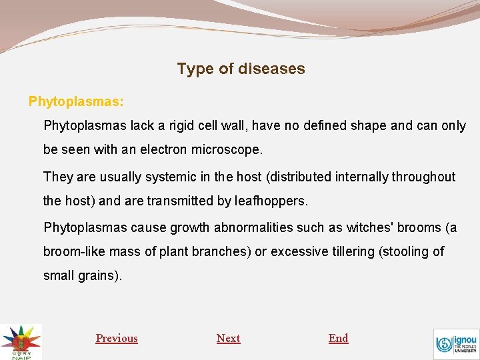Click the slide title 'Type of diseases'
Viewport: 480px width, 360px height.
pyautogui.click(x=241, y=69)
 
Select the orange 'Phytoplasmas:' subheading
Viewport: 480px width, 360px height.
pyautogui.click(x=76, y=101)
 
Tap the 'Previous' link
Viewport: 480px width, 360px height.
pyautogui.click(x=117, y=338)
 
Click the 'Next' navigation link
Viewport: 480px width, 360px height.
pyautogui.click(x=228, y=338)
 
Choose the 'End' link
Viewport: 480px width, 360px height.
pyautogui.click(x=338, y=338)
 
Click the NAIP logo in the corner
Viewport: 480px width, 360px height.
pyautogui.click(x=21, y=341)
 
